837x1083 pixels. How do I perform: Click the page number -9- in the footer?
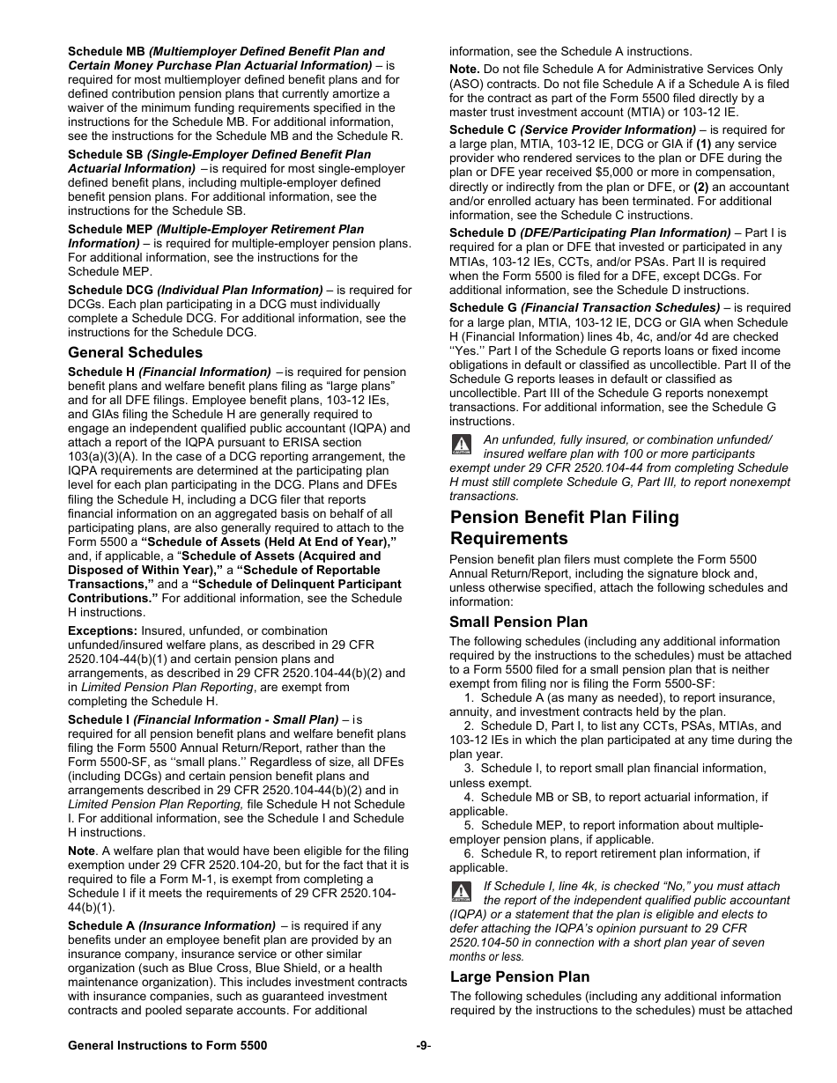coord(423,1045)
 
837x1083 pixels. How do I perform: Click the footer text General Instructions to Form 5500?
coord(167,1045)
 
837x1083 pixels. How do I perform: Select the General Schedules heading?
coord(135,353)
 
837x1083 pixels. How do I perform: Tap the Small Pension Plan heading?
coord(518,623)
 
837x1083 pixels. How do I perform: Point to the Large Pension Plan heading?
coord(520,977)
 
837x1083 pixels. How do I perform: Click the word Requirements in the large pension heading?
coord(508,539)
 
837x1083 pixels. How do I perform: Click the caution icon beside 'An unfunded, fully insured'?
coord(461,445)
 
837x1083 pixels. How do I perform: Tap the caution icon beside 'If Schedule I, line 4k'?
coord(461,891)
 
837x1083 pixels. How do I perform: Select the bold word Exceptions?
coord(102,631)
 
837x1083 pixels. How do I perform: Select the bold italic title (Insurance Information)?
coord(207,926)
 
